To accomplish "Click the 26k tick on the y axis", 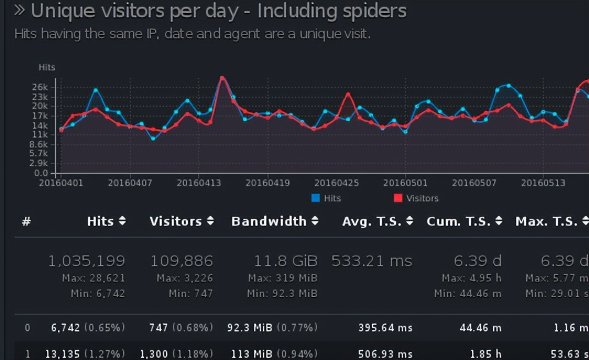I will [x=41, y=87].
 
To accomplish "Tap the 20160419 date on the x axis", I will [x=268, y=183].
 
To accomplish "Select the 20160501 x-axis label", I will [x=405, y=183].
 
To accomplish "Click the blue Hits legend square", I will [x=315, y=198].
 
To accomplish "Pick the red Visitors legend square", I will [x=398, y=198].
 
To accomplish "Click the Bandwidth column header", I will [x=269, y=221].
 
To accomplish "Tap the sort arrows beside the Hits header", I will [x=122, y=221].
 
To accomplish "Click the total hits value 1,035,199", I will [x=86, y=261].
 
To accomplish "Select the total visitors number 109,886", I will [x=182, y=261].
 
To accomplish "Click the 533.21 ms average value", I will [x=372, y=261].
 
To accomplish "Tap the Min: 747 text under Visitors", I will [x=188, y=293].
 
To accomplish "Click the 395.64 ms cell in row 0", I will [x=385, y=328].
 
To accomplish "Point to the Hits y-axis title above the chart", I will [x=47, y=67].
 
